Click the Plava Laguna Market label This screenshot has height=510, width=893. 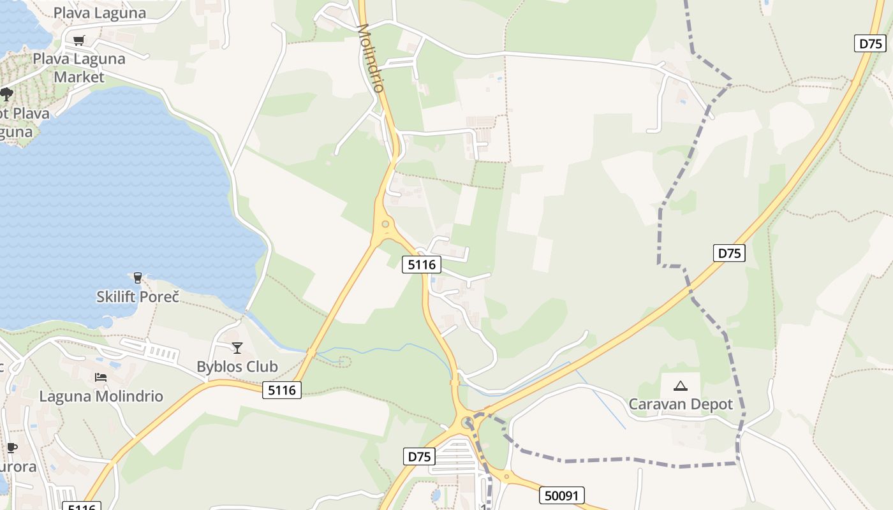[79, 68]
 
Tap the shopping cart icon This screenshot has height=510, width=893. [78, 41]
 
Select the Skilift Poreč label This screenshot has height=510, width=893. [138, 296]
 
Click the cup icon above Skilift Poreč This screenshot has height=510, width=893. [137, 277]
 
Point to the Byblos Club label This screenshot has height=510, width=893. [237, 367]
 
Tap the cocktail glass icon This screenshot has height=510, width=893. [237, 347]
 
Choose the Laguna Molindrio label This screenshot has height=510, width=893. [101, 396]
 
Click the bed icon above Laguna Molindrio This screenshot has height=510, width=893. [101, 377]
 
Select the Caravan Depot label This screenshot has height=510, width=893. [681, 404]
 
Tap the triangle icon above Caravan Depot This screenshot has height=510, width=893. [681, 385]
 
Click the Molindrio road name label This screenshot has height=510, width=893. [372, 58]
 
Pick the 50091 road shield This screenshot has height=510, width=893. [561, 495]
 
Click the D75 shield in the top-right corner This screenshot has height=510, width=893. [870, 43]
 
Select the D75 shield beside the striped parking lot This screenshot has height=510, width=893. [419, 456]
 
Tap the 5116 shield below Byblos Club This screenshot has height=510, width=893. [282, 390]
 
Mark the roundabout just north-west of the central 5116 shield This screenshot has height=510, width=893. [385, 224]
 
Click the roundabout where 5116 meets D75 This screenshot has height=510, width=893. [468, 421]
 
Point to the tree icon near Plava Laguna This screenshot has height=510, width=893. [6, 94]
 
